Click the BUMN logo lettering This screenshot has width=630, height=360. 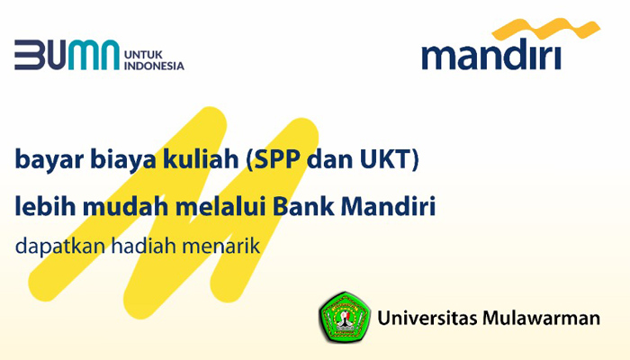click(x=67, y=55)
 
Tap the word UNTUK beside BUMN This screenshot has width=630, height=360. click(x=143, y=55)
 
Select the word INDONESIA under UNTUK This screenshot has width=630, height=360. click(x=154, y=66)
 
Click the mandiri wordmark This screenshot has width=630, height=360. click(x=491, y=54)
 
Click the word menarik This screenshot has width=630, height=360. click(x=221, y=245)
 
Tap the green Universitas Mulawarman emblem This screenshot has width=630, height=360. click(x=345, y=318)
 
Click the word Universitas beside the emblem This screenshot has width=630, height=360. click(x=427, y=318)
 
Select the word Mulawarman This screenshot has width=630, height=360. click(x=542, y=318)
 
